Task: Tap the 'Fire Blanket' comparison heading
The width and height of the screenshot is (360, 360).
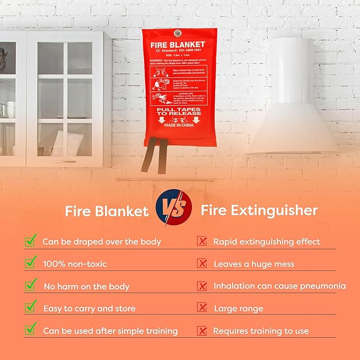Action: (x=107, y=211)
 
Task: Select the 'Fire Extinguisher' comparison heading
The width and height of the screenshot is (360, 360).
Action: (x=259, y=210)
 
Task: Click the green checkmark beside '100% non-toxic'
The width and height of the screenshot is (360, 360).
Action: (x=31, y=262)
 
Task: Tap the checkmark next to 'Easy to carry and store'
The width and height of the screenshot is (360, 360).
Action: (x=31, y=307)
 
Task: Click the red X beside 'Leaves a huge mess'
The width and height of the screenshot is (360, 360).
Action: (x=202, y=263)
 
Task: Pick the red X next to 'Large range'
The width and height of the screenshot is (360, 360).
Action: (x=202, y=308)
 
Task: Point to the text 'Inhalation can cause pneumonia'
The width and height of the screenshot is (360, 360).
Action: (x=279, y=286)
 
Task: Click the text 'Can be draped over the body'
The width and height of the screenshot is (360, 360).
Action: (x=102, y=241)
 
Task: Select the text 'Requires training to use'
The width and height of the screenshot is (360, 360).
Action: (x=261, y=330)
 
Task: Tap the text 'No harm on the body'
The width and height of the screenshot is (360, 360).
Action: (x=86, y=286)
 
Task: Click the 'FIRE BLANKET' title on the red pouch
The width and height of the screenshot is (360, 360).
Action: (x=179, y=45)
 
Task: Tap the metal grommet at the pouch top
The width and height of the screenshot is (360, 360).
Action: (x=179, y=31)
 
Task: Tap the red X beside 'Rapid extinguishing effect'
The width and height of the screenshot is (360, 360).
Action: (x=202, y=241)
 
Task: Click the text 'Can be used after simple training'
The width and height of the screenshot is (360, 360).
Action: (x=110, y=330)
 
